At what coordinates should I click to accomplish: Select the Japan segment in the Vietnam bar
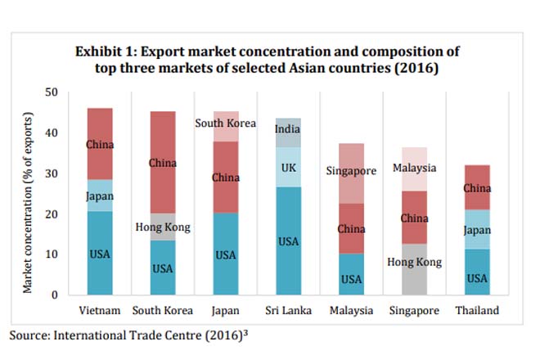pyautogui.click(x=99, y=196)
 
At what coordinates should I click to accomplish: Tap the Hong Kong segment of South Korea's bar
pyautogui.click(x=162, y=227)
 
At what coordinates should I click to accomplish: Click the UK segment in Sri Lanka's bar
pyautogui.click(x=288, y=167)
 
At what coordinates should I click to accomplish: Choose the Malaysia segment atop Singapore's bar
pyautogui.click(x=413, y=169)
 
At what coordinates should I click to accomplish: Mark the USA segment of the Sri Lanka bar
pyautogui.click(x=288, y=241)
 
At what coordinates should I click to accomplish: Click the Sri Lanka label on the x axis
pyautogui.click(x=288, y=311)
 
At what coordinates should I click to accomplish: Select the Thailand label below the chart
pyautogui.click(x=476, y=311)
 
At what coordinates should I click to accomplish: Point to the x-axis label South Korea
pyautogui.click(x=162, y=311)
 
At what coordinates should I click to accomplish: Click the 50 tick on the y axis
pyautogui.click(x=52, y=92)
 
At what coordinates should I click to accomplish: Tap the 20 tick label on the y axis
pyautogui.click(x=52, y=214)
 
